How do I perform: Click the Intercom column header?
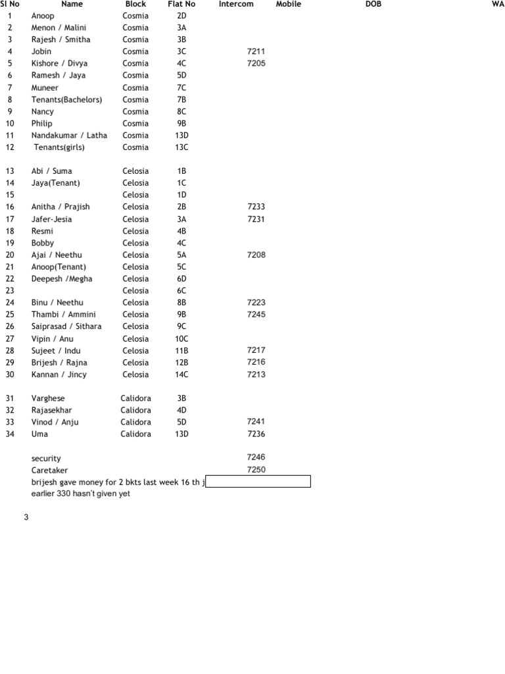(236, 4)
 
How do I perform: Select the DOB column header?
(373, 4)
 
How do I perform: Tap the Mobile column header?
(289, 4)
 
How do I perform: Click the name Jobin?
(41, 51)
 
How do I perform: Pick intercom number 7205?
(256, 63)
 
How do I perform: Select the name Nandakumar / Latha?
(69, 136)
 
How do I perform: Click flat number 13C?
(182, 147)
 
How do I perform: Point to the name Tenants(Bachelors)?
(67, 100)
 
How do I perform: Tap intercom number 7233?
(256, 207)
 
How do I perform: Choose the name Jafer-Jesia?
(52, 219)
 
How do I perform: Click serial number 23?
(10, 290)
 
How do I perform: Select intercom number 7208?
(256, 255)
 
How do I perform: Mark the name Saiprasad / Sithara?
(66, 326)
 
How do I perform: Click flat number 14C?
(182, 375)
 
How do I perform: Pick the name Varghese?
(48, 398)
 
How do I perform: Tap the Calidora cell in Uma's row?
(135, 434)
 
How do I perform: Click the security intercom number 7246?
(256, 457)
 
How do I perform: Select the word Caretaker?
(50, 471)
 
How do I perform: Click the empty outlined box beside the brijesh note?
(258, 482)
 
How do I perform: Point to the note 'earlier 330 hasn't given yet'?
(80, 494)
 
